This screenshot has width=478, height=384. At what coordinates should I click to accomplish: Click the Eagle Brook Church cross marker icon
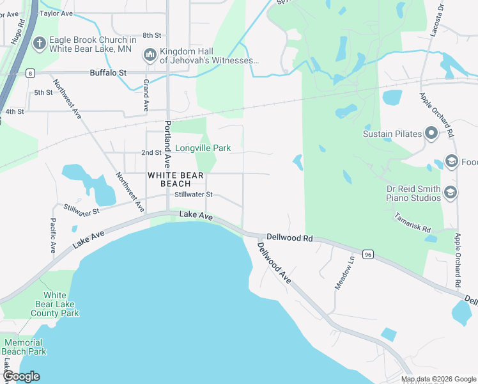pyautogui.click(x=38, y=44)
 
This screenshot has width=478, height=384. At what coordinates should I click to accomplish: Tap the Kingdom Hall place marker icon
pyautogui.click(x=150, y=55)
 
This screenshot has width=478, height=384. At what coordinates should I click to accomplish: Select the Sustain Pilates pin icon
pyautogui.click(x=431, y=134)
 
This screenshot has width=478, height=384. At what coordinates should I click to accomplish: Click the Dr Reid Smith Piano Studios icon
pyautogui.click(x=451, y=192)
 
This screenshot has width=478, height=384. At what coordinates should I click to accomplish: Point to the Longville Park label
pyautogui.click(x=203, y=148)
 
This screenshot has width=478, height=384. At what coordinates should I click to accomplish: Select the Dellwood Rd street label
pyautogui.click(x=289, y=237)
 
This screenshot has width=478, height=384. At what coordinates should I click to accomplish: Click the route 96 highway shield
pyautogui.click(x=367, y=255)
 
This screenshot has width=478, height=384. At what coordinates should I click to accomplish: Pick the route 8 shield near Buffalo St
pyautogui.click(x=30, y=74)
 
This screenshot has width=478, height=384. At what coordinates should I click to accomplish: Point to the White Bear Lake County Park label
pyautogui.click(x=56, y=305)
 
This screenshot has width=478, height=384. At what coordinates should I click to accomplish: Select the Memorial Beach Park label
pyautogui.click(x=23, y=347)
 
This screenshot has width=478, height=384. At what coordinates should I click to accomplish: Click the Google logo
pyautogui.click(x=21, y=376)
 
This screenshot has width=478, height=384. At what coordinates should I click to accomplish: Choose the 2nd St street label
pyautogui.click(x=151, y=152)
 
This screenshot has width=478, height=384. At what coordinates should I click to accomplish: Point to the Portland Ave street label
pyautogui.click(x=167, y=143)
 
